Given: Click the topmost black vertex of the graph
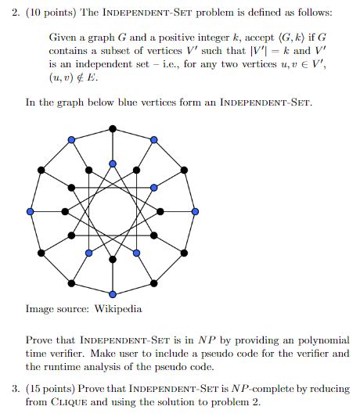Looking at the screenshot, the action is tap(113, 128).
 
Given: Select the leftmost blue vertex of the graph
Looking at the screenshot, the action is tap(31, 211).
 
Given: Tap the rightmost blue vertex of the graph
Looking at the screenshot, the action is tap(195, 211).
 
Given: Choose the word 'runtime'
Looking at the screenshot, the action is tap(63, 366).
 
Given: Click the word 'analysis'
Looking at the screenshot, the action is tap(107, 366).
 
